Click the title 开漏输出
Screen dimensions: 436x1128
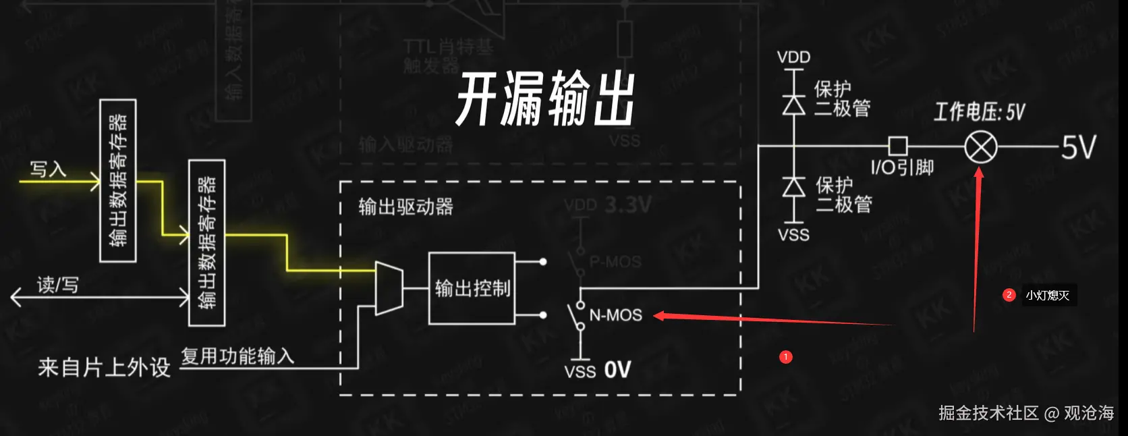point(545,99)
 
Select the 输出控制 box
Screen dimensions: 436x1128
point(472,288)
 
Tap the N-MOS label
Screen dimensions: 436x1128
point(615,315)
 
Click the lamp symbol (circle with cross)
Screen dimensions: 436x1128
point(980,146)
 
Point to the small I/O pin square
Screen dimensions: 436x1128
point(897,146)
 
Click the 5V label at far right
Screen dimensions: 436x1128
point(1079,147)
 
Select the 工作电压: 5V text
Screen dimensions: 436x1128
point(979,112)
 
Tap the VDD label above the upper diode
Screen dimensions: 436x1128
point(793,57)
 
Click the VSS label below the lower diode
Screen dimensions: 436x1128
point(793,235)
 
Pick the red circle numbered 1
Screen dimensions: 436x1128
point(785,357)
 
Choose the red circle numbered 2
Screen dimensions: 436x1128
point(1009,295)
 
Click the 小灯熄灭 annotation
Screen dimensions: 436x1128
point(1048,296)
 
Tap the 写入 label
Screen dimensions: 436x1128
point(48,168)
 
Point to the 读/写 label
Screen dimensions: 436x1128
point(58,285)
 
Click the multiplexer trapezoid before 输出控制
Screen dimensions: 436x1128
point(389,288)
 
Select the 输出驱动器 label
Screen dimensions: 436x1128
point(405,207)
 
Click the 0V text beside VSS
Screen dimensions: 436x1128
point(617,370)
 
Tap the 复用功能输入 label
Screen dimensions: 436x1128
point(237,356)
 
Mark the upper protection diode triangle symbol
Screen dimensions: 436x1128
point(793,105)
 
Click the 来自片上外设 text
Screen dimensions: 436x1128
point(104,367)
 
